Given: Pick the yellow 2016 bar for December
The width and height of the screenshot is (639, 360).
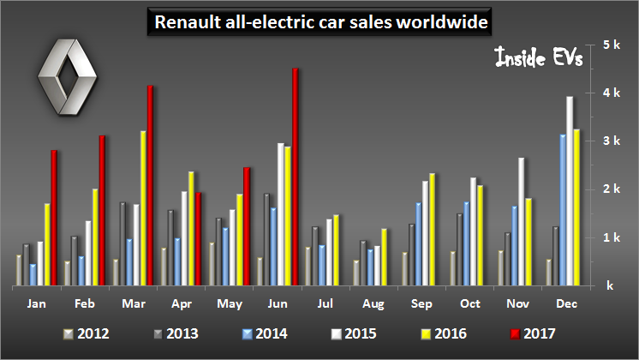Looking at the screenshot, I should tap(577, 207).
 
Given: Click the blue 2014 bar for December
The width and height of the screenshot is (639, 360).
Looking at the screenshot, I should tap(562, 209).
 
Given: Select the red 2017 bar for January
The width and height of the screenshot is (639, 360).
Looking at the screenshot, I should tap(54, 218).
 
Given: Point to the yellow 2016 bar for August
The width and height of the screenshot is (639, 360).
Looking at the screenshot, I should tap(384, 256).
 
